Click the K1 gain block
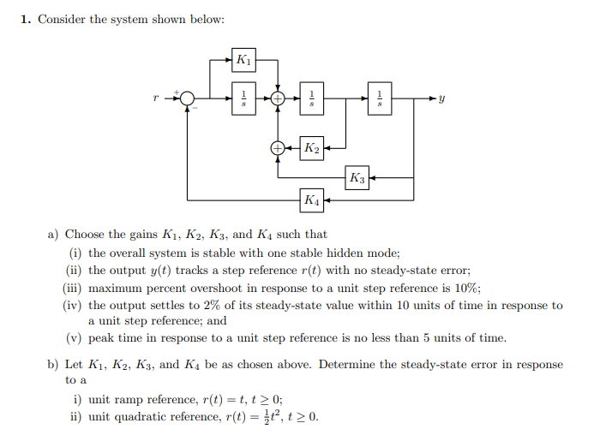pyautogui.click(x=244, y=60)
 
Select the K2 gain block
pyautogui.click(x=312, y=148)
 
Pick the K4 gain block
pyautogui.click(x=312, y=201)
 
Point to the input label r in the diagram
pyautogui.click(x=156, y=98)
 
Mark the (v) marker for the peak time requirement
pyautogui.click(x=73, y=337)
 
